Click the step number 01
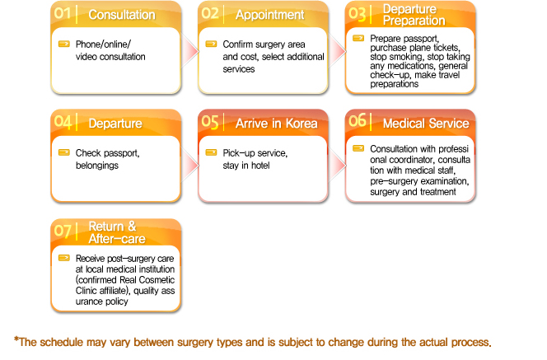point(63,13)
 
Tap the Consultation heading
point(122,15)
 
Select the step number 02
point(210,13)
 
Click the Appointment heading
point(269,15)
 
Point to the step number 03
point(358,14)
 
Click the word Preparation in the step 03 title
point(414,21)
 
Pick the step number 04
point(63,122)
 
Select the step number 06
point(358,120)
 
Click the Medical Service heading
point(426,124)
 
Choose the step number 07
point(63,231)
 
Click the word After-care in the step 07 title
point(117,239)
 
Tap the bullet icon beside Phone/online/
point(63,44)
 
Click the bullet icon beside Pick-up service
point(211,152)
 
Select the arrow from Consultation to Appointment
point(190,51)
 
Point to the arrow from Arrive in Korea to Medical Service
point(337,165)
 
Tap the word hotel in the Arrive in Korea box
point(260,166)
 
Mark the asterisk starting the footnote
point(16,339)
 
